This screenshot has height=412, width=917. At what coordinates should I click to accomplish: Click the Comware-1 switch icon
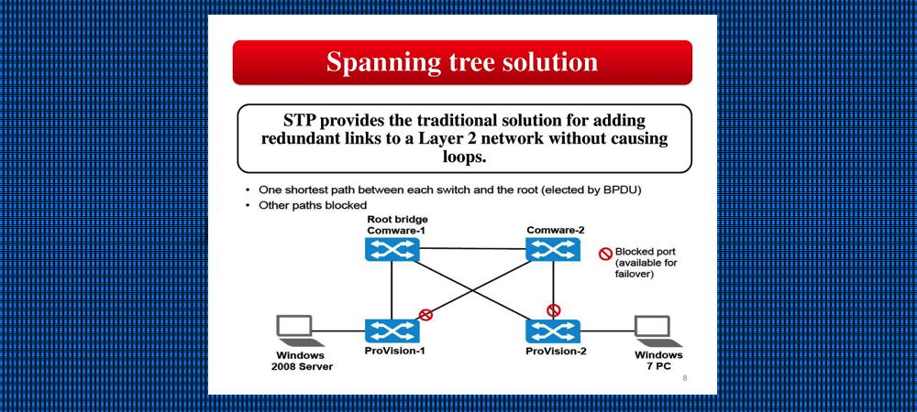392,248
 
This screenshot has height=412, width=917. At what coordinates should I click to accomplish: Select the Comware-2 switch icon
553,248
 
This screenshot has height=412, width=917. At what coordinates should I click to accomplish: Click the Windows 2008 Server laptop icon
295,328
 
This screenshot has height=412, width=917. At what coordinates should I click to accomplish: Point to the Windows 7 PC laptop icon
653,328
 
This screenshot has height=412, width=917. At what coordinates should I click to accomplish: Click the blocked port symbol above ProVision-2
553,309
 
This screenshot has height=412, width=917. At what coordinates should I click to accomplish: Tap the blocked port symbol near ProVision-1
425,314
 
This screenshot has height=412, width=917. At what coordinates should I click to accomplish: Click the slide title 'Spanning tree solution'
462,62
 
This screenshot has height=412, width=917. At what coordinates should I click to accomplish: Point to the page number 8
684,377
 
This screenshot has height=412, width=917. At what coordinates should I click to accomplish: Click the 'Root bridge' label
397,220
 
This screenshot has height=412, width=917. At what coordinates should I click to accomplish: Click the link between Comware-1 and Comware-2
472,248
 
